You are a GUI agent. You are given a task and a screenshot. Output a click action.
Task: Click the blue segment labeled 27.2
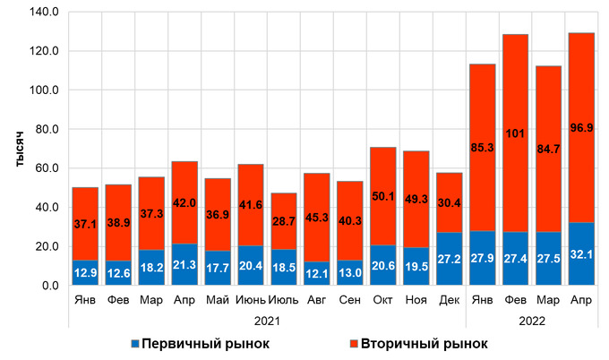click(x=449, y=259)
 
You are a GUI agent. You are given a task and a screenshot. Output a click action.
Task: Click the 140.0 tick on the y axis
click(x=43, y=13)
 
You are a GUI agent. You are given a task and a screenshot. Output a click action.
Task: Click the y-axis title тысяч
click(x=16, y=149)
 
